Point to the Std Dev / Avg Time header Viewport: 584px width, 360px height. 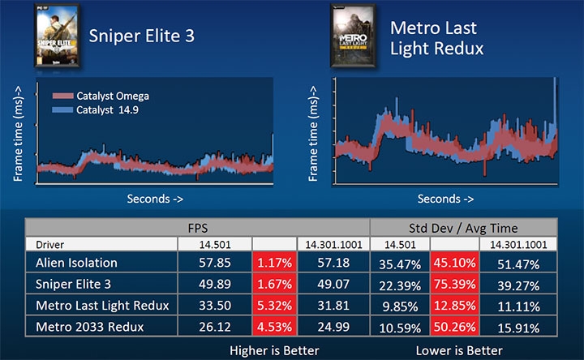tap(466, 228)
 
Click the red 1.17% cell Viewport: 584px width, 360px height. tap(274, 262)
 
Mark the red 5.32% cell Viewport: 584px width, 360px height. tap(274, 304)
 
